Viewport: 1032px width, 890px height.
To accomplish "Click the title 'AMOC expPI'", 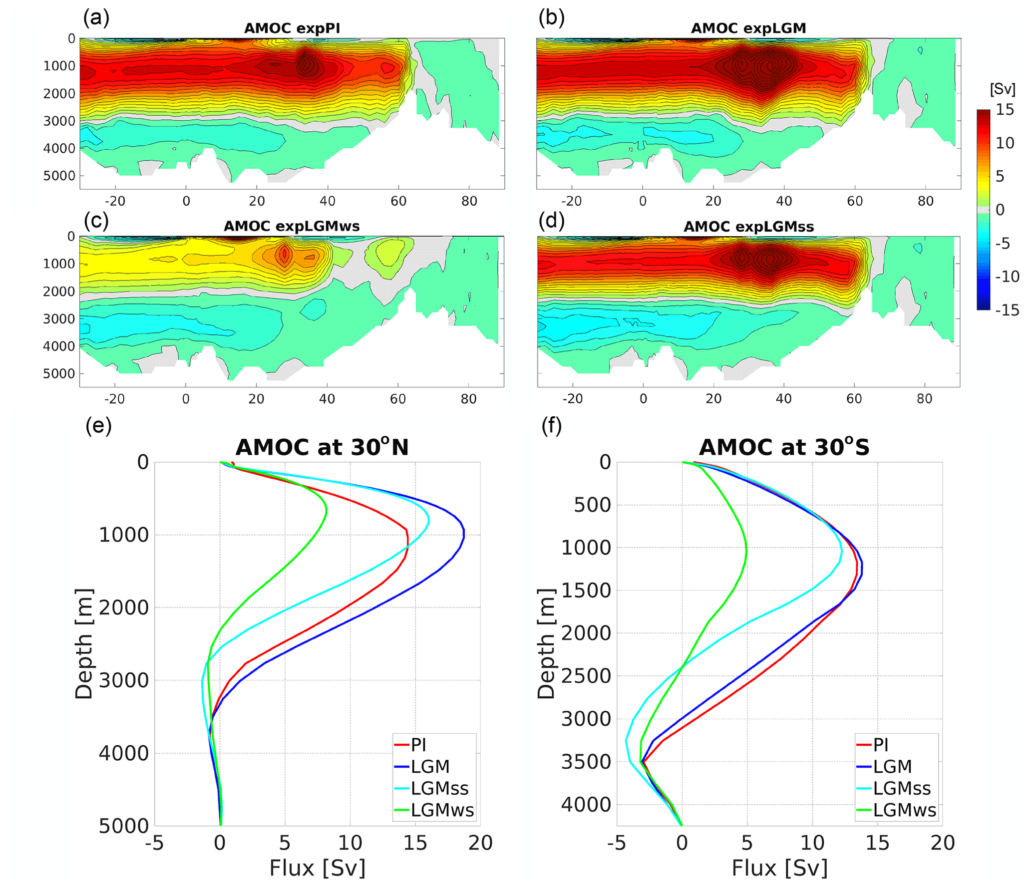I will click(x=292, y=28).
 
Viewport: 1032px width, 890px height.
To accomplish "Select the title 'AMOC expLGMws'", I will click(x=292, y=226).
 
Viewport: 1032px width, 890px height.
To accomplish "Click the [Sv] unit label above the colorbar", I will click(x=1002, y=89).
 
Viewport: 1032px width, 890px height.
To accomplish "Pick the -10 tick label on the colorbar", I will click(x=1007, y=276).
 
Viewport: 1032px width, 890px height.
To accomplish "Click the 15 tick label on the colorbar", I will click(x=1005, y=109).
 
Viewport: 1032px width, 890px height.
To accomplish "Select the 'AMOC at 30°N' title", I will click(x=322, y=447).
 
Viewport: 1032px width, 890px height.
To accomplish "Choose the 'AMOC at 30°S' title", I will click(x=784, y=447).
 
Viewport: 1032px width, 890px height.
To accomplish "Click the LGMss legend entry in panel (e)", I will click(x=439, y=788).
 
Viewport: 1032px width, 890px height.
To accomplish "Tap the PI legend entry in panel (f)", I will click(x=881, y=745).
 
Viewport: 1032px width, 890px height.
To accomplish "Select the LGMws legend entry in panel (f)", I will click(x=904, y=810).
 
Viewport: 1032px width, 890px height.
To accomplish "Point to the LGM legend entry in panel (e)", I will click(x=430, y=766).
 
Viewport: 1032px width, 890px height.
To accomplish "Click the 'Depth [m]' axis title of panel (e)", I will click(x=83, y=644).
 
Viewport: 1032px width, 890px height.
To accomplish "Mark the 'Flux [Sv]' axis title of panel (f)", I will click(x=779, y=868).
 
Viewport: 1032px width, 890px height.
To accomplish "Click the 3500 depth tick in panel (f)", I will click(x=586, y=762).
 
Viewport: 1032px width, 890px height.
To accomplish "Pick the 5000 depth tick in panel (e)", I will click(x=124, y=826).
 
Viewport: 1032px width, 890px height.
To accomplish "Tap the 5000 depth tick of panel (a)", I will click(x=59, y=176).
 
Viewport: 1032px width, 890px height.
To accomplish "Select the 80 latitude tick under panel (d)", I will click(x=924, y=399).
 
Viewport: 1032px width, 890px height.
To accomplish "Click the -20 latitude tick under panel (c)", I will click(x=114, y=399).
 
